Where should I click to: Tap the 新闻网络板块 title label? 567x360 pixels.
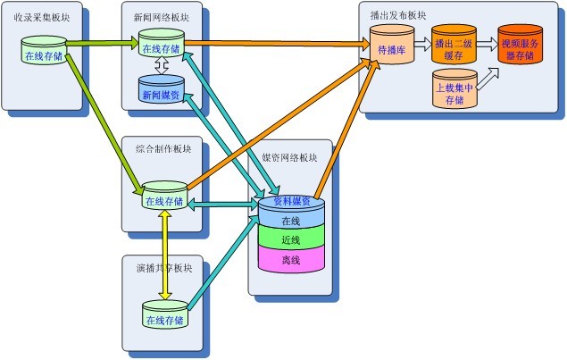(x=161, y=15)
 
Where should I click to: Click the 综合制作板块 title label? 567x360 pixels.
(x=161, y=148)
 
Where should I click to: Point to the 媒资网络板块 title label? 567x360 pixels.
(x=289, y=156)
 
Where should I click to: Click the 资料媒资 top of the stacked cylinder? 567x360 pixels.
(x=290, y=202)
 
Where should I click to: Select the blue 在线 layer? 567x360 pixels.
(x=290, y=221)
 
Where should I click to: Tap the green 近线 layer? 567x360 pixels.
(x=290, y=240)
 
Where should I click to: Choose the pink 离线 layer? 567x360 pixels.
(x=290, y=260)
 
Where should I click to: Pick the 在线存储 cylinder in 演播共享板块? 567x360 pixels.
(x=165, y=318)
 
